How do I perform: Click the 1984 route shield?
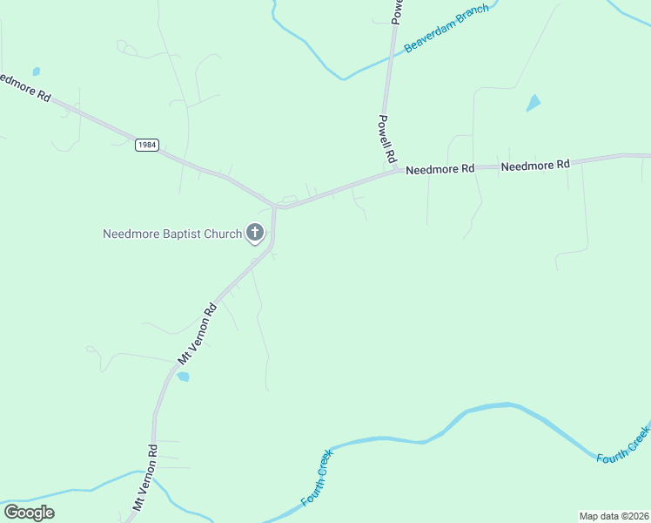(147, 146)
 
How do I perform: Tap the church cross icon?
(255, 233)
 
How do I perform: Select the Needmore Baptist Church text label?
(171, 234)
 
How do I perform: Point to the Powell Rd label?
(387, 140)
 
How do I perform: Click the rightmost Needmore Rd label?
(535, 164)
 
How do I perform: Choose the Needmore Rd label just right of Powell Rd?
(440, 168)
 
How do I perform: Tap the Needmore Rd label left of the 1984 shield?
(24, 87)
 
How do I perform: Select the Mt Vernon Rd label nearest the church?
(197, 334)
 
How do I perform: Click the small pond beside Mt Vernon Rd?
(183, 377)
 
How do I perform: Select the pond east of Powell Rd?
(534, 103)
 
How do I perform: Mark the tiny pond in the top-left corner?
(36, 71)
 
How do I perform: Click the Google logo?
(29, 513)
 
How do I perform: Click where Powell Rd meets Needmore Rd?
(397, 171)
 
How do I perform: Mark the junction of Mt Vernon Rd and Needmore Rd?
(275, 207)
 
